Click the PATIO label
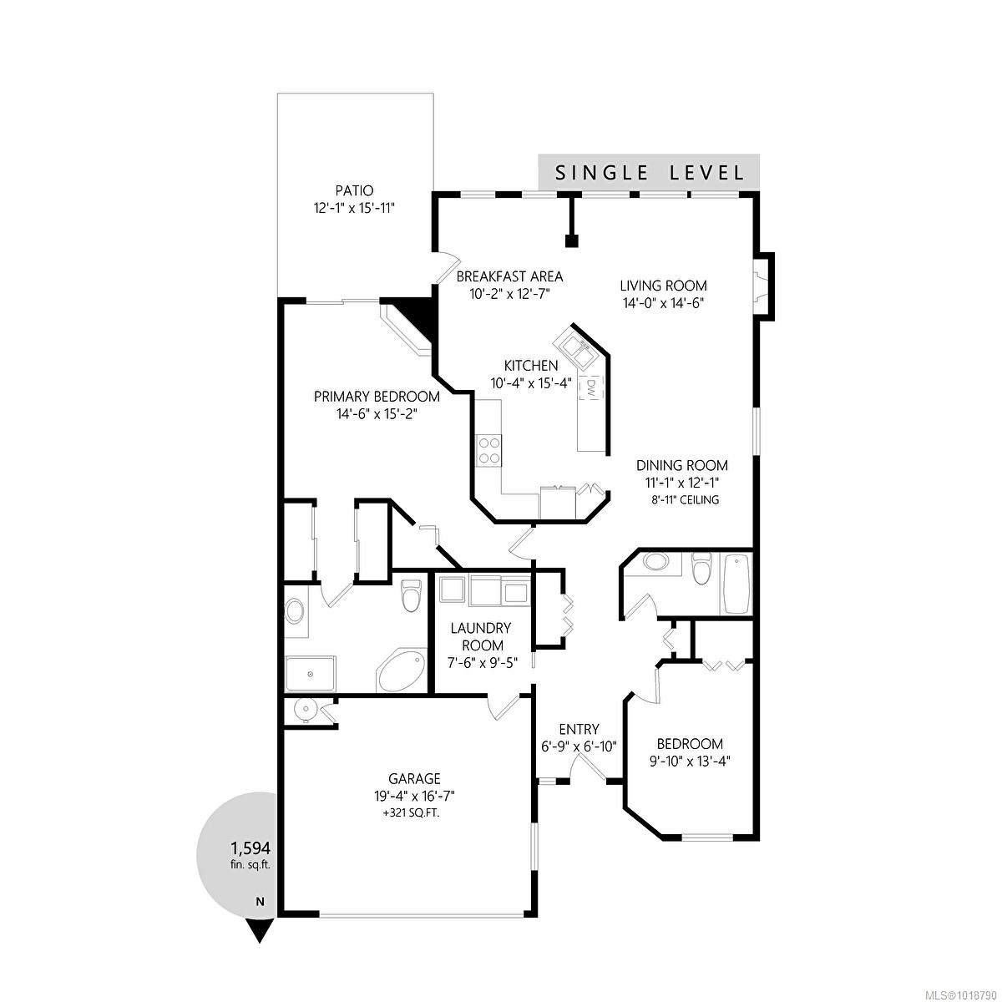(x=354, y=190)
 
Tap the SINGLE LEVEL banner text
(x=649, y=173)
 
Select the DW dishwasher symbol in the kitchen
(x=591, y=388)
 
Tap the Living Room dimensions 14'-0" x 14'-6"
(x=663, y=302)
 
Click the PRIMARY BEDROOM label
(x=377, y=397)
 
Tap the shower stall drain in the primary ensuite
(x=311, y=674)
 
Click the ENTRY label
(x=579, y=729)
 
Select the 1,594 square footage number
(x=250, y=848)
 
